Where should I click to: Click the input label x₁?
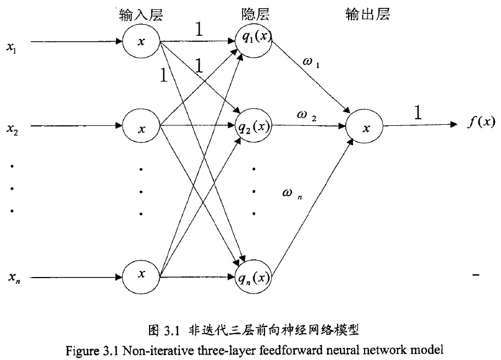[11, 47]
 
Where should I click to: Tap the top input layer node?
[141, 41]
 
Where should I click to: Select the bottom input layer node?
[141, 275]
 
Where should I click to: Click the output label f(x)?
[481, 123]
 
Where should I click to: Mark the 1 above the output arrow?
[418, 113]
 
